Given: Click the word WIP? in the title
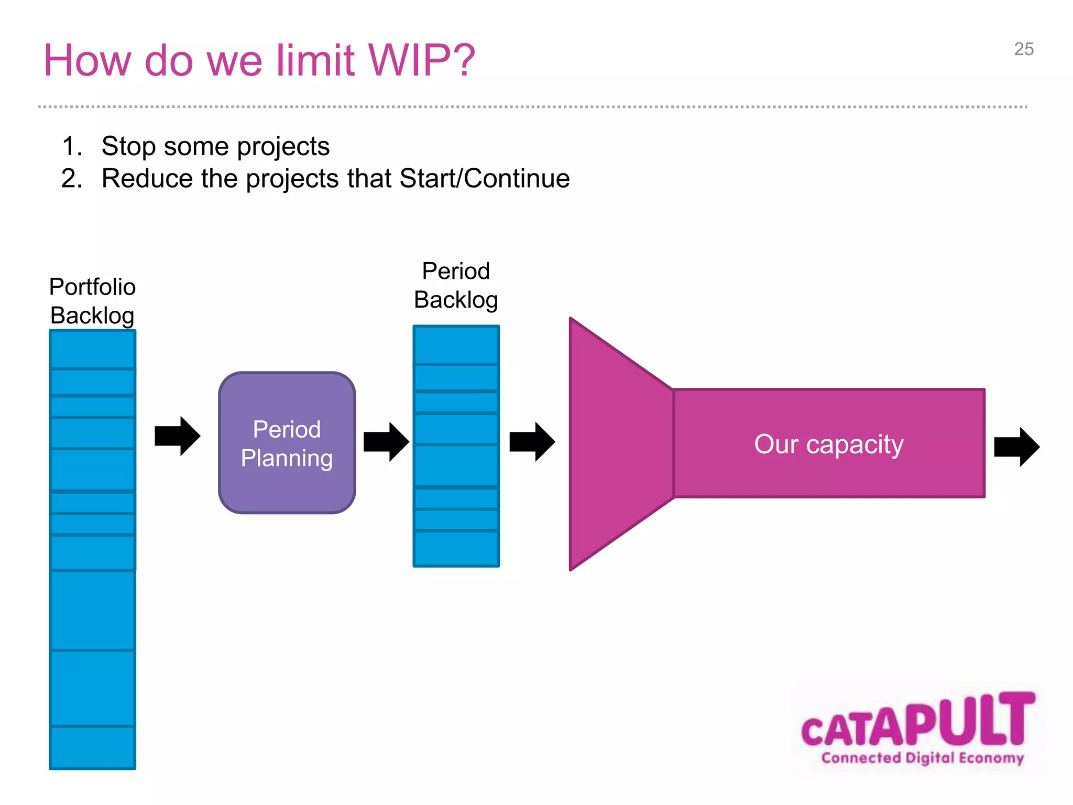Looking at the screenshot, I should [422, 60].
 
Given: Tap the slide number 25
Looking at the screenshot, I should [1023, 49].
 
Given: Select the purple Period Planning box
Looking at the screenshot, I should [287, 443].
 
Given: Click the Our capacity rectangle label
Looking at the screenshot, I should [828, 444].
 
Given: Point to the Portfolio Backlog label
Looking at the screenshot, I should [92, 301].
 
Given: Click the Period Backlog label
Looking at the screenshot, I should [455, 286].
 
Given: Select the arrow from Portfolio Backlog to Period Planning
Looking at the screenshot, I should [177, 436].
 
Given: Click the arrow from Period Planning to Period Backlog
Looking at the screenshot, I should [386, 441].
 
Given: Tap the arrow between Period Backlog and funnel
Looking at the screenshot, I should [532, 441].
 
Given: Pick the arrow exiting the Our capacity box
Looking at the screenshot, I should [1016, 447].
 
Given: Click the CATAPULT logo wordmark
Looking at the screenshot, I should [918, 721].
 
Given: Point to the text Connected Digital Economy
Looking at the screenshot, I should [922, 758].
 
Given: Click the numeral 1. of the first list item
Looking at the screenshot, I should [72, 146].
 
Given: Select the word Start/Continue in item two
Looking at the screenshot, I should [484, 178].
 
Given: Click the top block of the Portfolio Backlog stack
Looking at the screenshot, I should [92, 350].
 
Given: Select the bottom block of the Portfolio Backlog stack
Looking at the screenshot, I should [92, 747].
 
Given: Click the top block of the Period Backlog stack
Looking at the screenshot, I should [456, 345].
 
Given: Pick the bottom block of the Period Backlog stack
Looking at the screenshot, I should [456, 549].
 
